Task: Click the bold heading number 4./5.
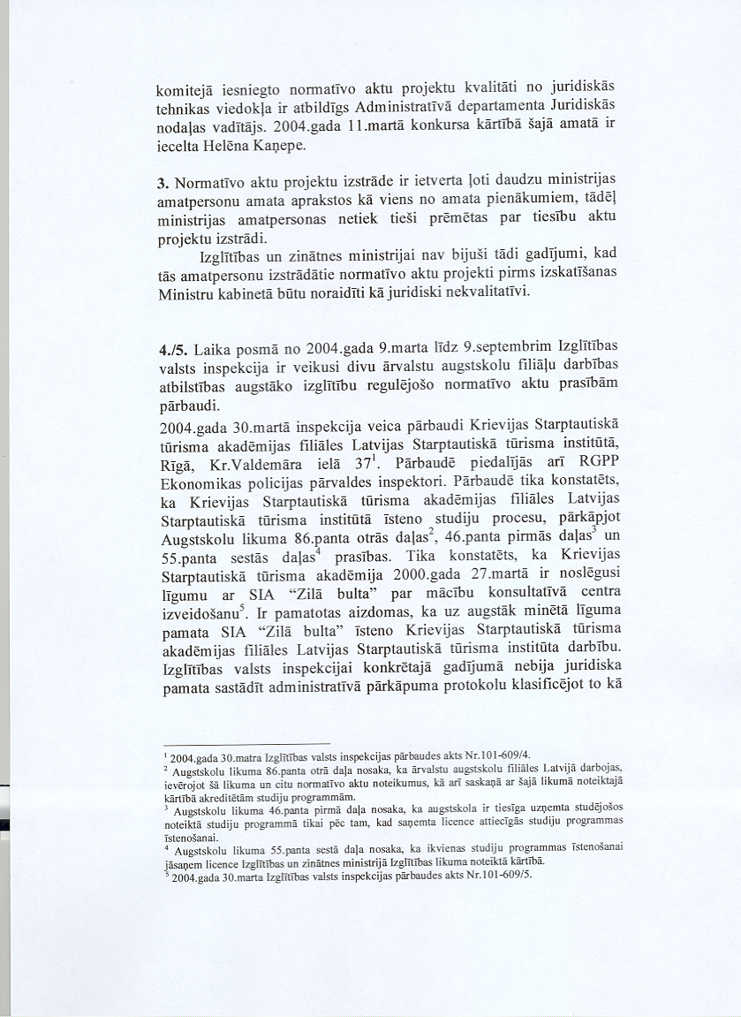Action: [x=171, y=349]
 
